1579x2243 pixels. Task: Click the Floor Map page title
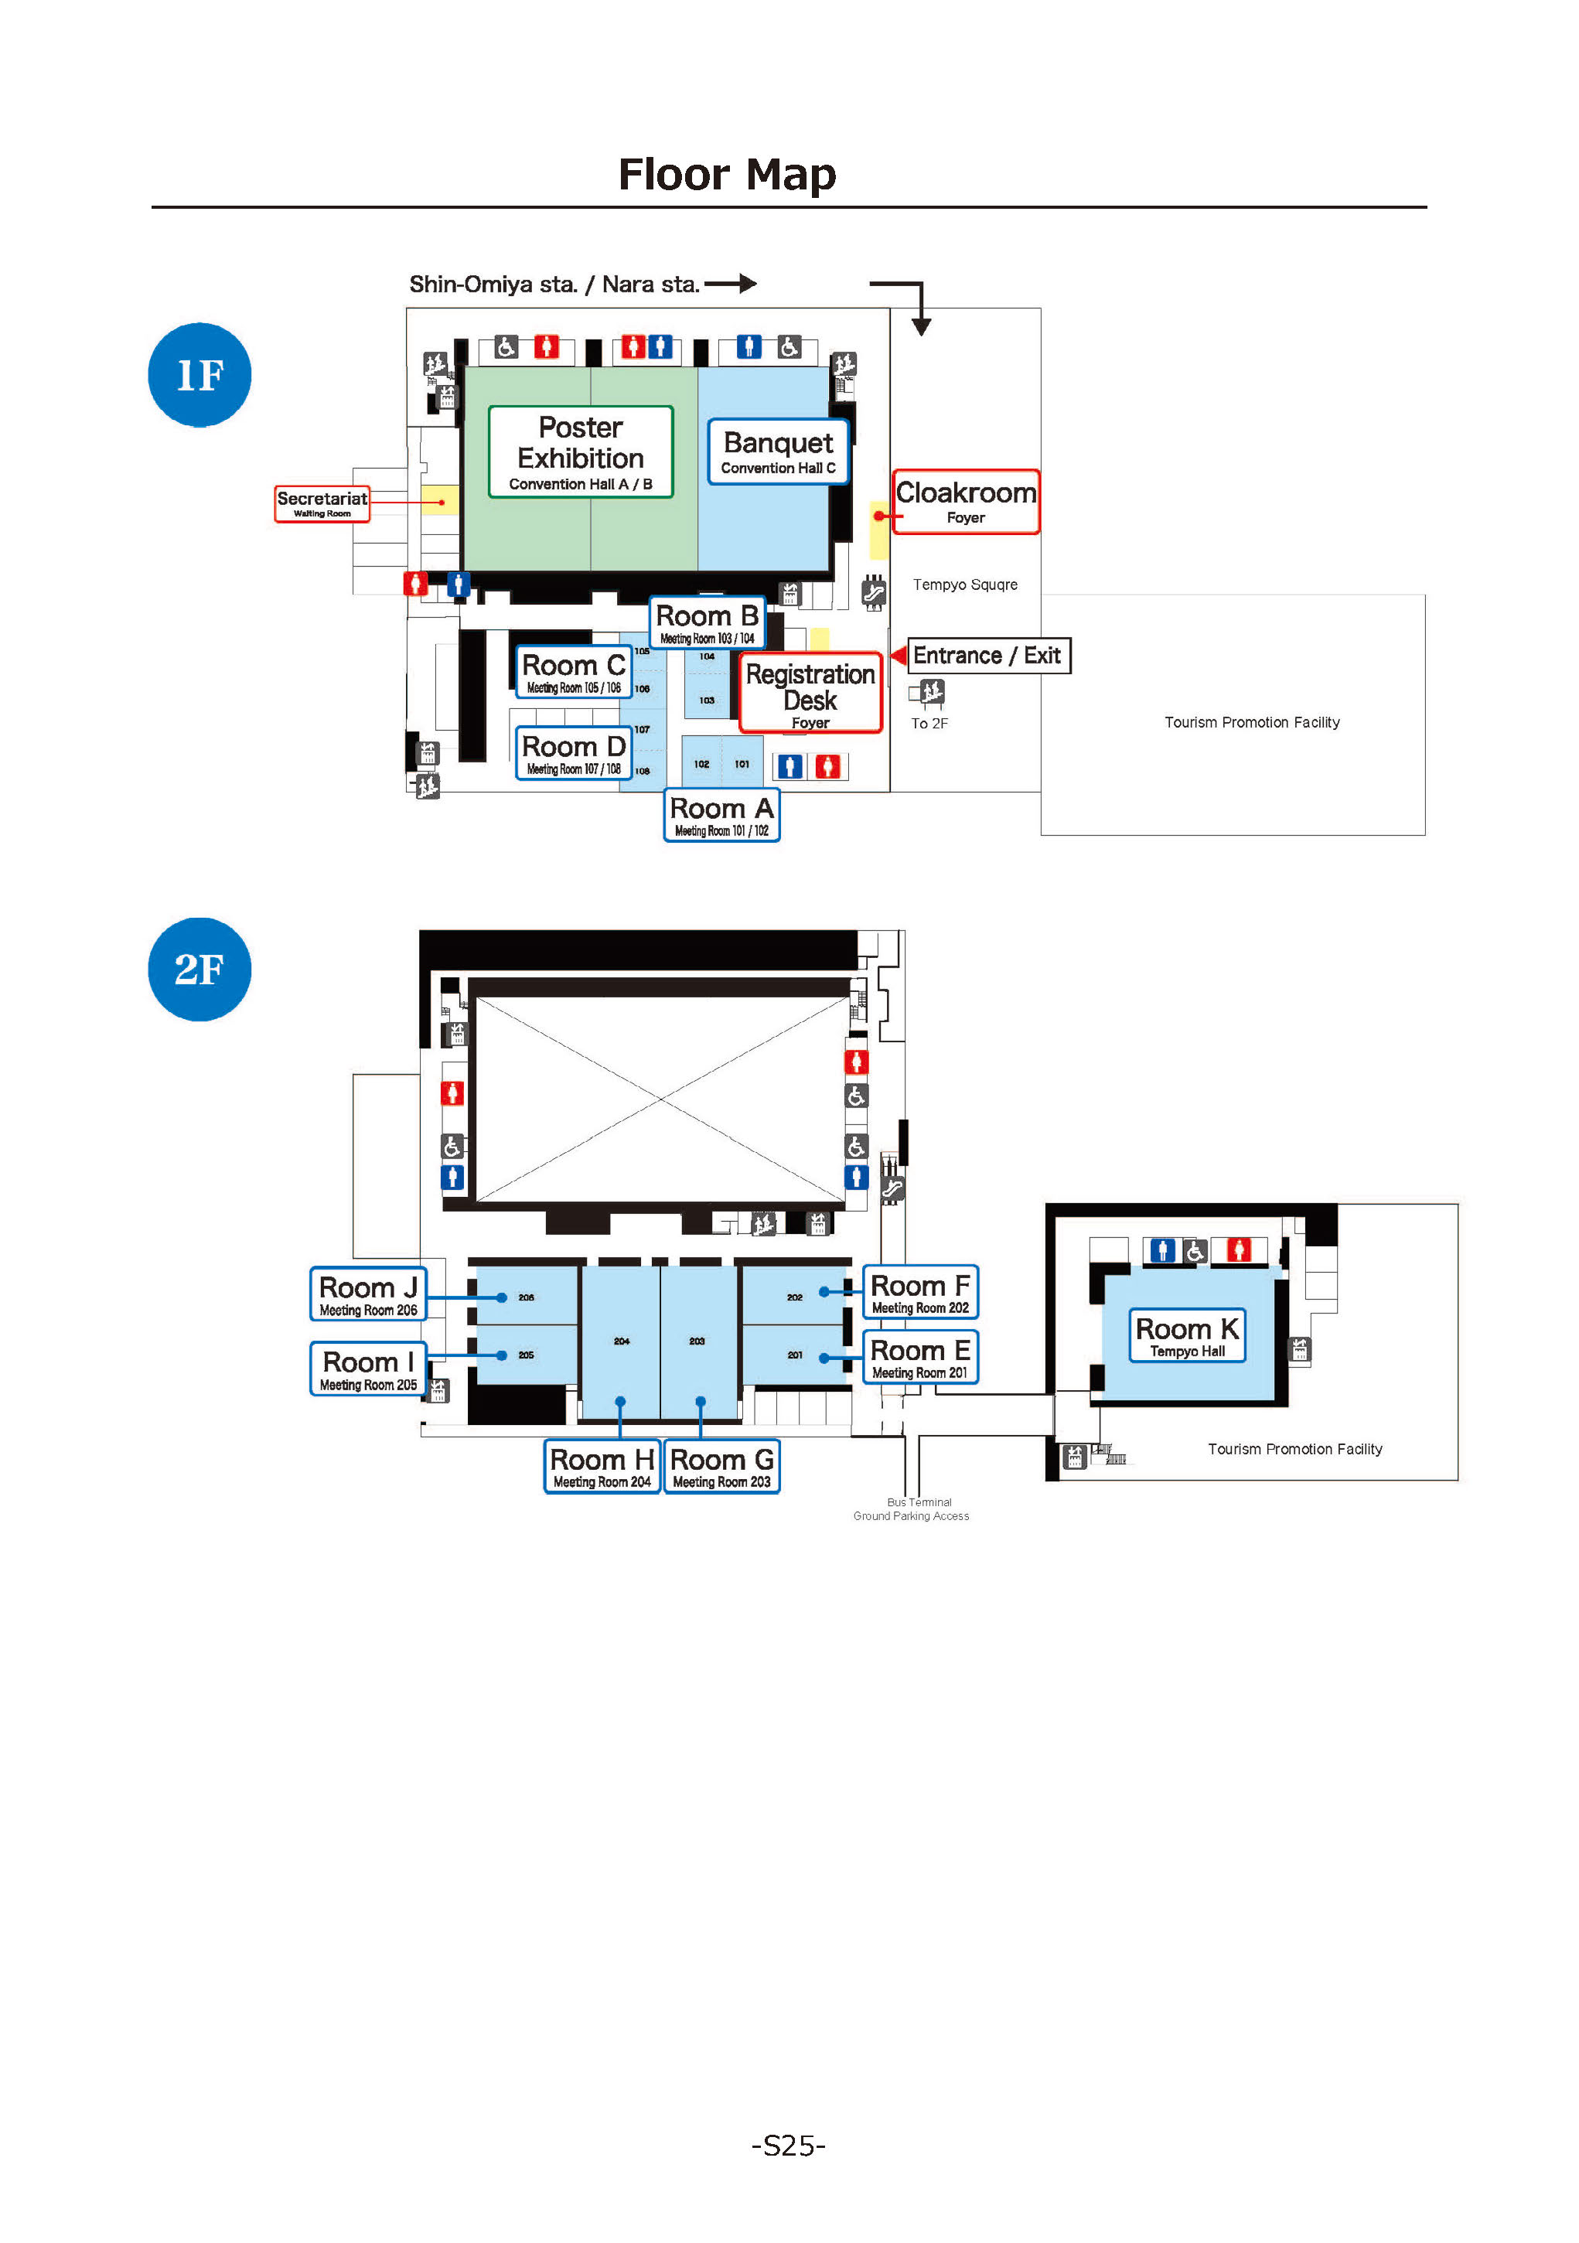coord(727,176)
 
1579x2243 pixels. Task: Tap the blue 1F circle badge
coord(200,375)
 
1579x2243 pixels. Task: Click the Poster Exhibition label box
coord(581,452)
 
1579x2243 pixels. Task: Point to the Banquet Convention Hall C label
coord(778,452)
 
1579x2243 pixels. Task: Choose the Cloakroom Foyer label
coord(965,502)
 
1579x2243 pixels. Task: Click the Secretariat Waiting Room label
coord(322,503)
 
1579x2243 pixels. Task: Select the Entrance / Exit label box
coord(988,656)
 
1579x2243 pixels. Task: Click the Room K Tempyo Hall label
coord(1186,1335)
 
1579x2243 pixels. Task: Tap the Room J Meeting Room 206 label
coord(368,1294)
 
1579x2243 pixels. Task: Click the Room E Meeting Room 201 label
coord(919,1357)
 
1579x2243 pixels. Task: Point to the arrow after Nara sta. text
coord(732,283)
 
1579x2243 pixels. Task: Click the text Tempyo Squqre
coord(964,585)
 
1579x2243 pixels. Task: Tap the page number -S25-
coord(789,2146)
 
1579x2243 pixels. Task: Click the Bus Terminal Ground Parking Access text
coord(912,1509)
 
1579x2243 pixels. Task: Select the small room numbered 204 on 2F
coord(622,1341)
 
